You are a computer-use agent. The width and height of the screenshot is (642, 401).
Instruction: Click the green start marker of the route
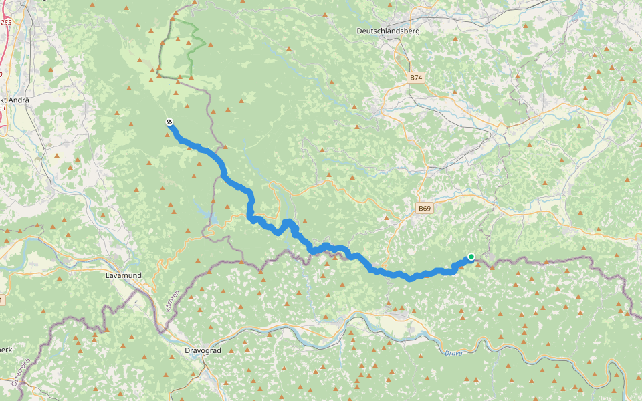(471, 257)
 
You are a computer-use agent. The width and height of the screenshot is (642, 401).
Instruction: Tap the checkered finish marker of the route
(170, 122)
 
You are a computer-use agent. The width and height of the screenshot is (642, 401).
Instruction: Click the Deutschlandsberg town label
(387, 31)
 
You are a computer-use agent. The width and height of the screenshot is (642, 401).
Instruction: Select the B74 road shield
(416, 78)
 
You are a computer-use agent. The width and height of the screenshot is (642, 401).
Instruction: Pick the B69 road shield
(425, 209)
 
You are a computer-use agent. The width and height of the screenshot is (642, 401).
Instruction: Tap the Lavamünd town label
(124, 275)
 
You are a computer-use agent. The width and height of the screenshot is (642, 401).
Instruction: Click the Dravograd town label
(202, 350)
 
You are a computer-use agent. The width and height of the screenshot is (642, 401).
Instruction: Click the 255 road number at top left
(6, 22)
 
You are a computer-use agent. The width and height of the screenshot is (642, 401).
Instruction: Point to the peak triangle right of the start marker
(495, 267)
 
